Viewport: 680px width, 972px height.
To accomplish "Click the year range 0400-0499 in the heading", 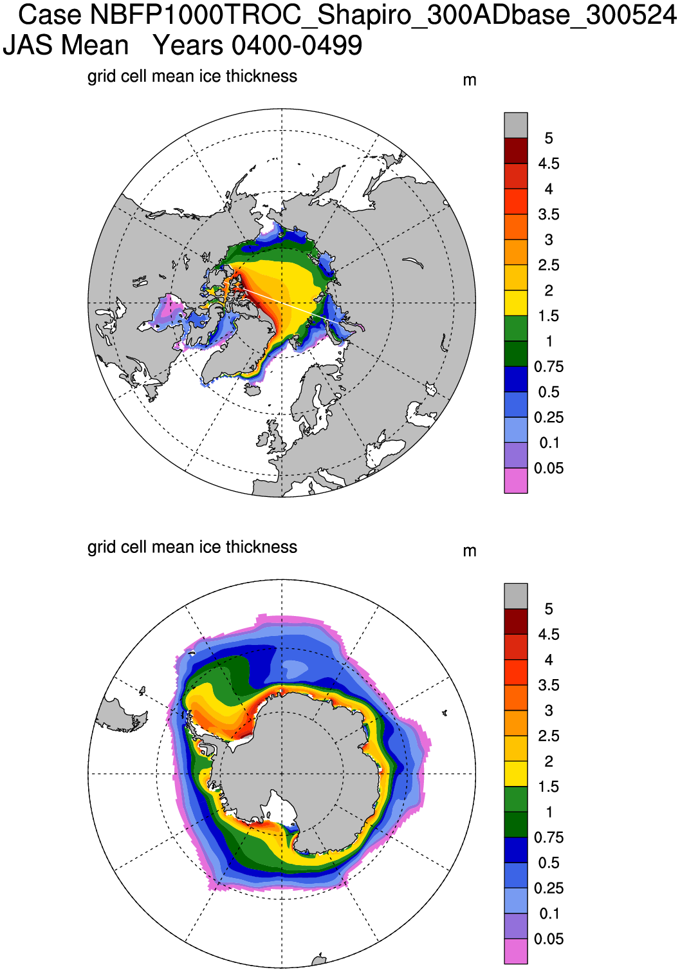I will [x=297, y=46].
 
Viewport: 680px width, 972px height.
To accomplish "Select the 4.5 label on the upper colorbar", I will [x=548, y=164].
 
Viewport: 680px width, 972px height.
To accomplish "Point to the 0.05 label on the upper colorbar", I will [x=548, y=469].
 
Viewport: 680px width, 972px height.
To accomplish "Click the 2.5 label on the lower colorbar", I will [x=548, y=736].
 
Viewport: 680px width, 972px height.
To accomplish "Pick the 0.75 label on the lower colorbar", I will [x=548, y=837].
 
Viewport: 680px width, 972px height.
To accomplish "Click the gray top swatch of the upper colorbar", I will [x=515, y=125].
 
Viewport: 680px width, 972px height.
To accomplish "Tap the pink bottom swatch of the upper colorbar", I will [x=515, y=481].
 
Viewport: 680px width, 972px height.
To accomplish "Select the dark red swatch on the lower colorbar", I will [x=515, y=621].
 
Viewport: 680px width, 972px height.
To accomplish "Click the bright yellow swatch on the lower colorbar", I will [x=515, y=774].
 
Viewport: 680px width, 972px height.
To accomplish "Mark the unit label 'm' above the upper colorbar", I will [x=470, y=80].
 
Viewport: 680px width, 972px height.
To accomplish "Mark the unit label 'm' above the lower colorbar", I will [x=470, y=551].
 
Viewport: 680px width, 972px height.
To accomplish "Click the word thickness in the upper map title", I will [x=261, y=77].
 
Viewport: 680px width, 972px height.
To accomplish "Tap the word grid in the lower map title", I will [x=99, y=548].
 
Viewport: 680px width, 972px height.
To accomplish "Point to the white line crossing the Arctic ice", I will [x=283, y=303].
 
